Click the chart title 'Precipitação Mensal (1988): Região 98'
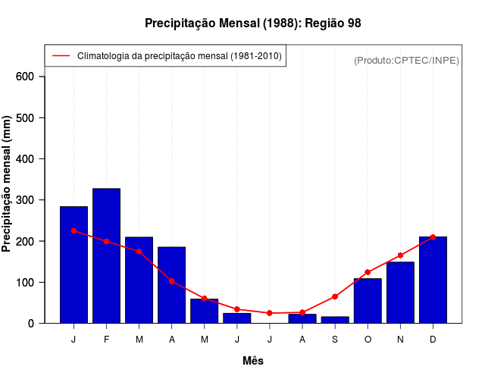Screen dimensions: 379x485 252,23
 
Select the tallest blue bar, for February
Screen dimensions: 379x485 106,255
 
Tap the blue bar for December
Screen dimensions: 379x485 433,280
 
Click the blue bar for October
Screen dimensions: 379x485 368,301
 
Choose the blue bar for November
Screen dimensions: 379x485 400,293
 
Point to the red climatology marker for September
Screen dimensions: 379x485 335,296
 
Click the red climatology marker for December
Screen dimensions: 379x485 433,237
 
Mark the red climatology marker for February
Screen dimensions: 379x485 106,241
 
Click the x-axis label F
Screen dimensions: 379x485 106,339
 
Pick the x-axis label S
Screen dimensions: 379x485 335,339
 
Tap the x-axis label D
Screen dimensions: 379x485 433,339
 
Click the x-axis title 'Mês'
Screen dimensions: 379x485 253,361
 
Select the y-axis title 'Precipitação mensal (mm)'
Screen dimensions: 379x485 8,183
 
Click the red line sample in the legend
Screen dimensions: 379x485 61,55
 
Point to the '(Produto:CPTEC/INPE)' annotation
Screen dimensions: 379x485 407,60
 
